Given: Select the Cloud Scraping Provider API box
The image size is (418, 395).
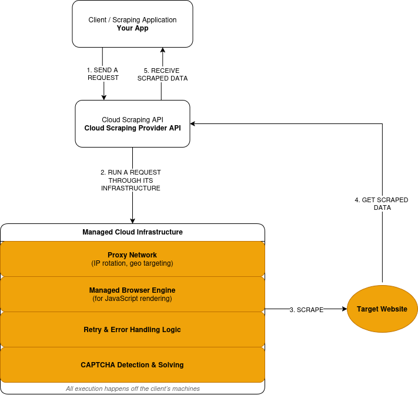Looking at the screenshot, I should (132, 123).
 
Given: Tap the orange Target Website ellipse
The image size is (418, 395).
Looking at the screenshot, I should (382, 309).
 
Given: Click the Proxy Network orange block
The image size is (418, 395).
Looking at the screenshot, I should (132, 259).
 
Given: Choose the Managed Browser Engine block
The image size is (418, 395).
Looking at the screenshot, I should (132, 294).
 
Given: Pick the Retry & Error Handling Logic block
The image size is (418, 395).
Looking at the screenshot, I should (132, 330).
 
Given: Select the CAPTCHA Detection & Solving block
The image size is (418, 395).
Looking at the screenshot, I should (132, 365).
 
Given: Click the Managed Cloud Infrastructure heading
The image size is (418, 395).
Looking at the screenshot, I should (132, 232).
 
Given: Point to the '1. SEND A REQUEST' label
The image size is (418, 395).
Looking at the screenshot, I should (103, 74).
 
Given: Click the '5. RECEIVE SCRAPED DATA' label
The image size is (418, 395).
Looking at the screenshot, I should (162, 74).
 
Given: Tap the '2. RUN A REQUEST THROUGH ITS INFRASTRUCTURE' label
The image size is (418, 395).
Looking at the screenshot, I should (131, 180).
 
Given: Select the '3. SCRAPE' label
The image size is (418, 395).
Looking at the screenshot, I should (306, 310).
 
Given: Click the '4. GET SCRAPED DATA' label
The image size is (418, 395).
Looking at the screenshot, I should (382, 204).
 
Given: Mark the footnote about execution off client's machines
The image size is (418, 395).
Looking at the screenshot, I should (132, 389).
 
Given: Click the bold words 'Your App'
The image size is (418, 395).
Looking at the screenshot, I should (132, 28).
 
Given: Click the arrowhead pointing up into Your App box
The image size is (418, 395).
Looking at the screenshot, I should (162, 51).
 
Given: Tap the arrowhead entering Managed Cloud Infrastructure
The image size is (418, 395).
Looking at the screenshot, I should (132, 220).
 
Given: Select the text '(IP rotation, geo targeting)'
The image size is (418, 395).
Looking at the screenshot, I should (132, 263).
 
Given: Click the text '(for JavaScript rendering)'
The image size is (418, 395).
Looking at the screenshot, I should (132, 299).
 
